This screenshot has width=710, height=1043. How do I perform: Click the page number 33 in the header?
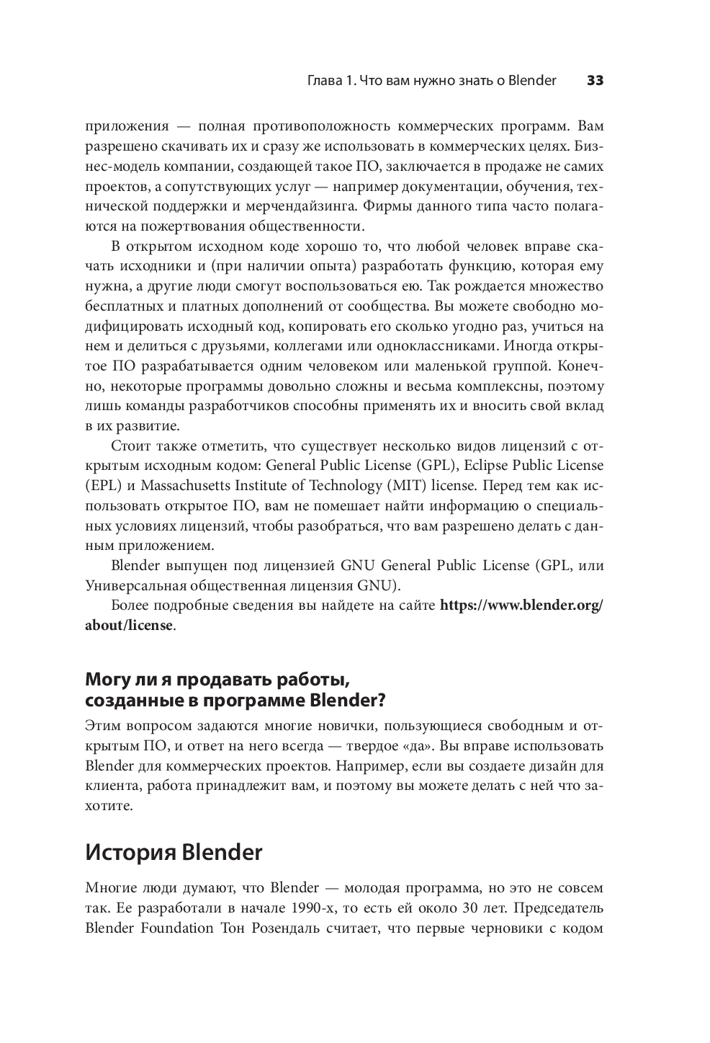coord(595,81)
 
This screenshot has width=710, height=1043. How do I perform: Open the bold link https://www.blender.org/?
coord(521,605)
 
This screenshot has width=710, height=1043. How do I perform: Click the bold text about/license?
coord(129,625)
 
